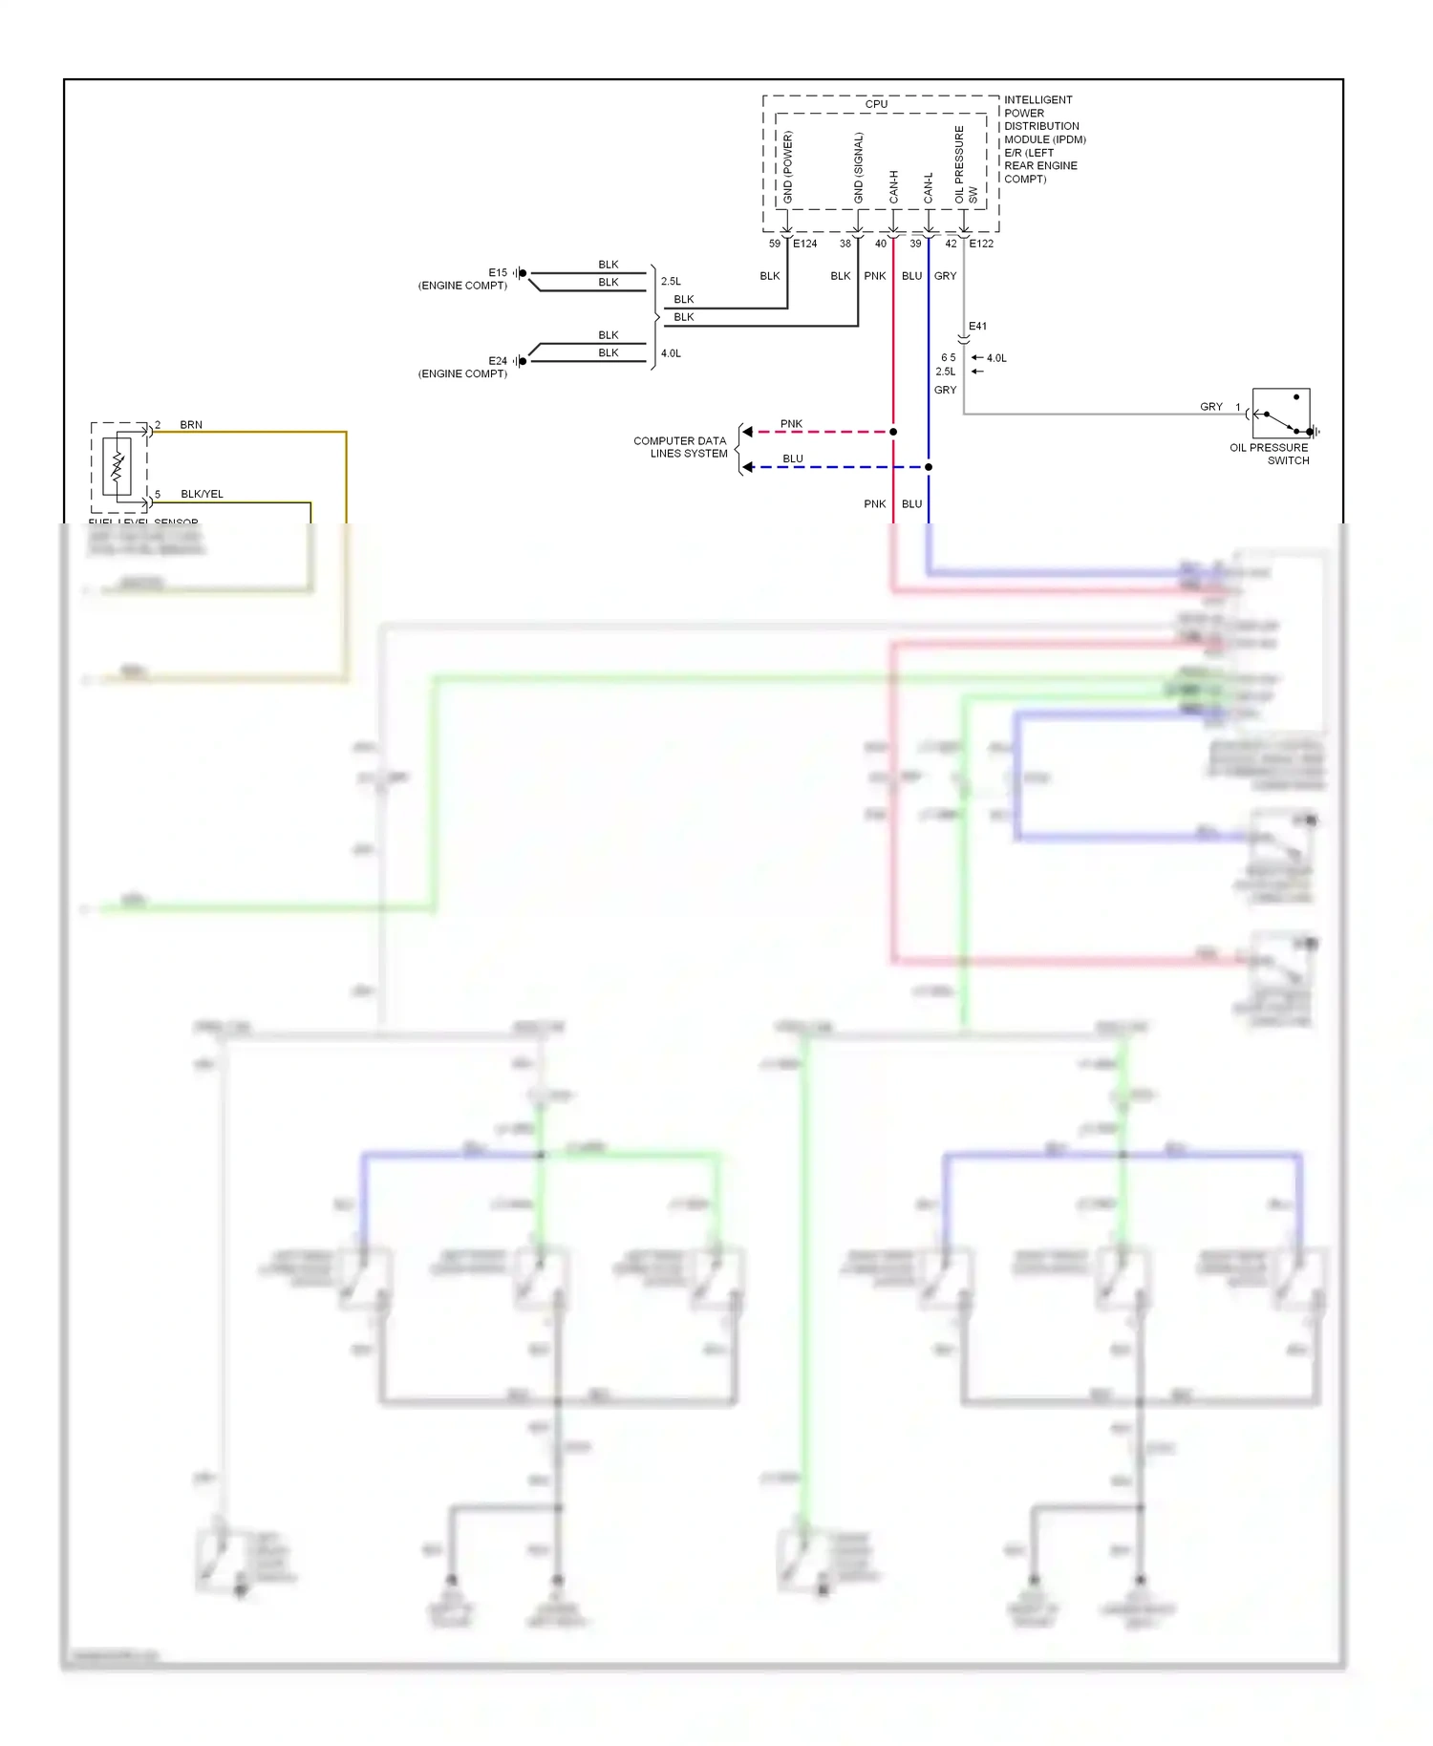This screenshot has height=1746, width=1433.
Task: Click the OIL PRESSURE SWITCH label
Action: tap(1269, 454)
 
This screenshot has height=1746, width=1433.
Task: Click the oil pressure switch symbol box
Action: tap(1280, 414)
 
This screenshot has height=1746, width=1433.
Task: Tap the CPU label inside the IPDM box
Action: tap(876, 104)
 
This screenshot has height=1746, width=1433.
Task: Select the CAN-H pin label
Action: tap(894, 186)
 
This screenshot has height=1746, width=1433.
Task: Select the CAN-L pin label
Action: tap(928, 187)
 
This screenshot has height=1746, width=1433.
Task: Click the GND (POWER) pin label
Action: tap(788, 167)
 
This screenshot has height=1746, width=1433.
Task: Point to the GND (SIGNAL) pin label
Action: tap(858, 167)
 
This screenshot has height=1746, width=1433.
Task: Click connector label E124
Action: tap(804, 244)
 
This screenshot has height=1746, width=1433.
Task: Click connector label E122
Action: tap(981, 244)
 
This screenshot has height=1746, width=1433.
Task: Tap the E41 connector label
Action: tap(977, 326)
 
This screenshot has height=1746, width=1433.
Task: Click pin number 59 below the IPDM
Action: tap(775, 244)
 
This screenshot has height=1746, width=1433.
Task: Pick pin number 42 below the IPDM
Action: tap(951, 244)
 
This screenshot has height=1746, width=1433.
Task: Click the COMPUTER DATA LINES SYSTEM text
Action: tap(680, 447)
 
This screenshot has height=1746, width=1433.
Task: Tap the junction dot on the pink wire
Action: tap(893, 432)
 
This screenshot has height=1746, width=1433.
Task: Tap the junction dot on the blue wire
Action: tap(929, 467)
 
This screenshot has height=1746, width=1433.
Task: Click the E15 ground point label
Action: tap(498, 272)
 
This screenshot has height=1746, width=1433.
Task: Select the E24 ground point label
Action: tap(498, 361)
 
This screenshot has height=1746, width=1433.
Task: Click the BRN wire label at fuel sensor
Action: tap(191, 425)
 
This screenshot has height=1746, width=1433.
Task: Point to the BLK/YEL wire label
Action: tap(202, 494)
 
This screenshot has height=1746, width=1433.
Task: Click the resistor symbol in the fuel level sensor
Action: tap(118, 466)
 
